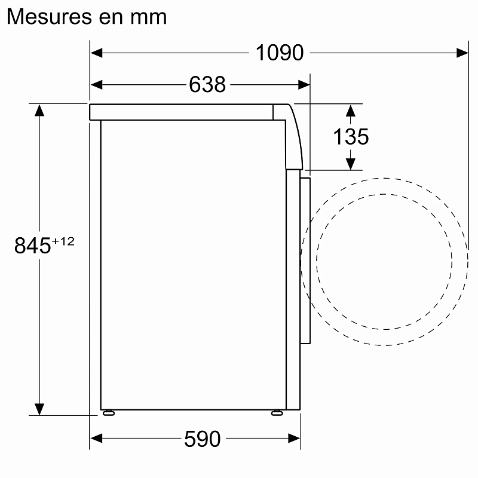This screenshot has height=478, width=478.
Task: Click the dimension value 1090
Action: [x=280, y=53]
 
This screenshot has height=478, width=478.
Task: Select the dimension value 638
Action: [x=207, y=85]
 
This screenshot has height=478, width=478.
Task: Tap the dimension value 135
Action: [x=351, y=137]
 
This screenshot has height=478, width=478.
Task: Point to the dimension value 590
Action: [x=203, y=439]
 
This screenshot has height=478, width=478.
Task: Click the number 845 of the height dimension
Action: [x=32, y=246]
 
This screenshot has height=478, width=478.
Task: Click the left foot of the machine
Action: [x=108, y=412]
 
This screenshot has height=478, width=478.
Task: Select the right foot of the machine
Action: [x=277, y=412]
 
